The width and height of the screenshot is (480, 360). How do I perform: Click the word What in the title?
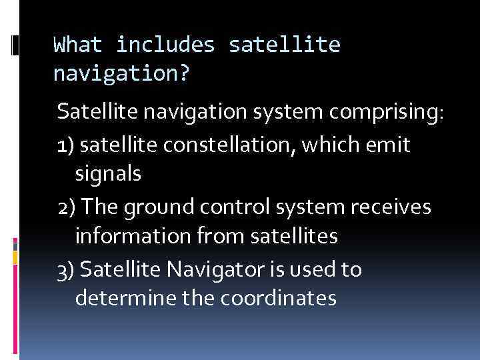point(77,45)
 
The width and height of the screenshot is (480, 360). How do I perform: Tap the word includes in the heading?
point(165,45)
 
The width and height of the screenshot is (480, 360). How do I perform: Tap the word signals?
point(108,174)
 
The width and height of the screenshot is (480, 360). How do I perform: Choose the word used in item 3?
point(316,270)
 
